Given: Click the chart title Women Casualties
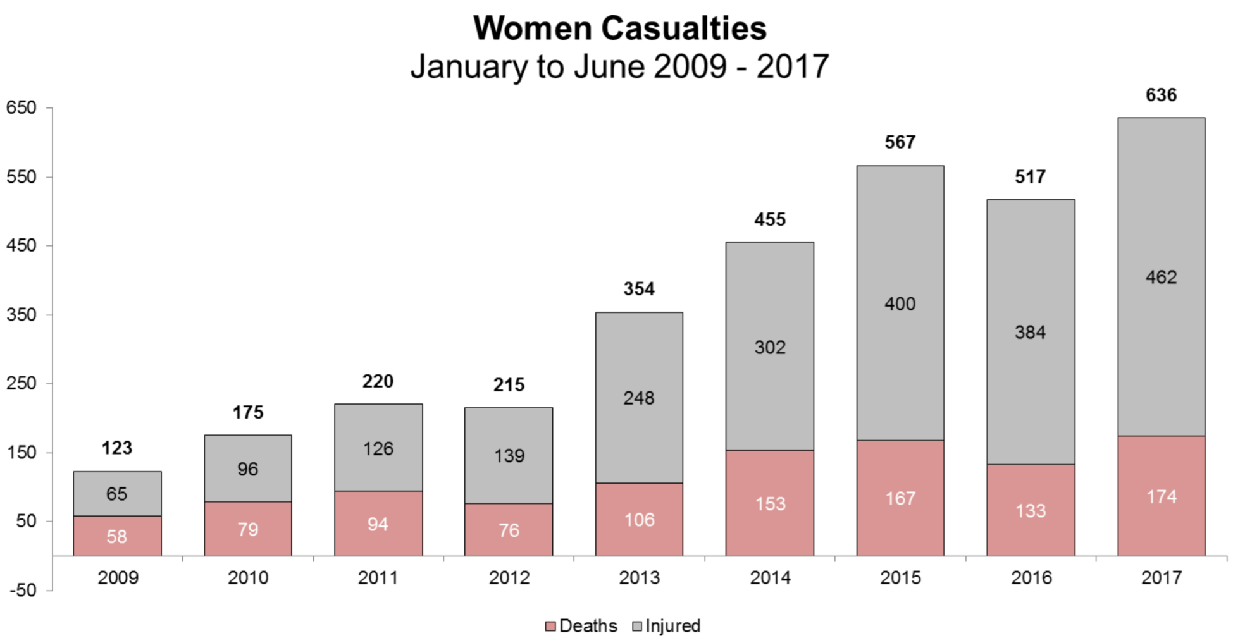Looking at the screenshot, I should tap(619, 28).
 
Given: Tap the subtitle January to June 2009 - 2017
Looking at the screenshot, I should tap(619, 66).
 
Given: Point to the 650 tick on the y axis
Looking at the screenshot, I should tap(22, 107).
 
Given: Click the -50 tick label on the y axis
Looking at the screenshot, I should tap(23, 590).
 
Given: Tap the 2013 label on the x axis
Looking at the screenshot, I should tap(639, 577).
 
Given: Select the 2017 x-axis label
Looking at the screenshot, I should tap(1161, 577).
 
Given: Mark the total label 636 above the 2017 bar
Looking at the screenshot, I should tap(1161, 95).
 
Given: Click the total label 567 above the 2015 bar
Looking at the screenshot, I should tap(900, 142).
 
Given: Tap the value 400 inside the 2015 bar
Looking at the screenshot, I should tap(900, 304).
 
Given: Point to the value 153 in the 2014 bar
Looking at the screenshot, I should tap(770, 504).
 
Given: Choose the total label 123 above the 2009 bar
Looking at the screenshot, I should tap(117, 448).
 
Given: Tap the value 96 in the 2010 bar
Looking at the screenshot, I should tap(247, 469).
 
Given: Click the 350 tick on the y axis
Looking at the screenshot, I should tap(22, 314).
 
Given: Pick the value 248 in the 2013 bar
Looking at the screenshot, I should tap(639, 398).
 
